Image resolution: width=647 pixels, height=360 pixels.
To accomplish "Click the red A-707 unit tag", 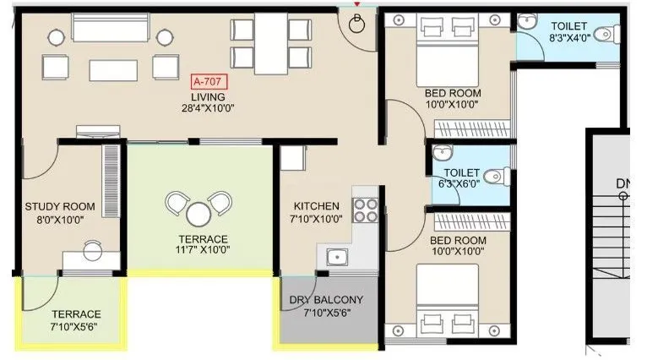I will (x=209, y=81).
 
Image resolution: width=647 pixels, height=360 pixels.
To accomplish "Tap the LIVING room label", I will (x=208, y=97).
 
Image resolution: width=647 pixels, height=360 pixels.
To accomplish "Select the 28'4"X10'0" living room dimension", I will (x=208, y=108).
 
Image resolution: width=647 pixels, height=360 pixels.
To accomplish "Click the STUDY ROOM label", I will (x=60, y=206).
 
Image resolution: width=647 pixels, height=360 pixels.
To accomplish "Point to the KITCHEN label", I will (x=316, y=206).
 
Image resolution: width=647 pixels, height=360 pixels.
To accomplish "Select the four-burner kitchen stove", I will (x=365, y=210).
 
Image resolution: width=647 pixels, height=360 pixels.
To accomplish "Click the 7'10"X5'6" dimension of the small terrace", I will (x=75, y=326).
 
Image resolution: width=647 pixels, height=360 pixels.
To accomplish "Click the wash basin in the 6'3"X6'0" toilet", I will (x=440, y=154).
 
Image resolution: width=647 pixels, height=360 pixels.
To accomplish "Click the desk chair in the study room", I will (x=92, y=248).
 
